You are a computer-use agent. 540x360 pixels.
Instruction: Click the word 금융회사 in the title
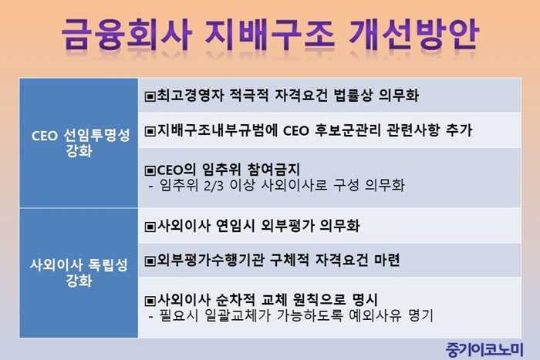coord(127,34)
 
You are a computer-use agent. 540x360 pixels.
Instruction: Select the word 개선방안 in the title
coord(413,34)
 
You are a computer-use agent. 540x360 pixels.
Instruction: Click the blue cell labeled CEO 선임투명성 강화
coord(79,143)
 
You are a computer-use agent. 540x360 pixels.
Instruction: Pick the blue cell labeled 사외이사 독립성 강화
coord(79,273)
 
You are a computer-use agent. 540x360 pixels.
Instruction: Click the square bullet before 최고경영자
coord(150,96)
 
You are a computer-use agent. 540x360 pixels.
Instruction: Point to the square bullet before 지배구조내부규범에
coord(150,131)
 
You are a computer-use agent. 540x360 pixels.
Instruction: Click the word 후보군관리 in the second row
coord(348,130)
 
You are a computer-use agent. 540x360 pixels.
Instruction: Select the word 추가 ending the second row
coord(459,130)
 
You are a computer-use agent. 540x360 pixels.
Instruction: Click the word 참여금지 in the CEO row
coord(274,170)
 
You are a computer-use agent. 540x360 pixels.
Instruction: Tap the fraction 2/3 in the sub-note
coord(214,186)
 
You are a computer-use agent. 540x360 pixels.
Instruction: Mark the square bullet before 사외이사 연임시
coord(150,227)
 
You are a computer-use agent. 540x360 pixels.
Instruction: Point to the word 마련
coord(386,260)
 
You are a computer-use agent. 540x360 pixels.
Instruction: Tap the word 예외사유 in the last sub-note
coord(375,315)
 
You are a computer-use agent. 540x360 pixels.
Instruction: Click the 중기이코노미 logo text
coord(484,350)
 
